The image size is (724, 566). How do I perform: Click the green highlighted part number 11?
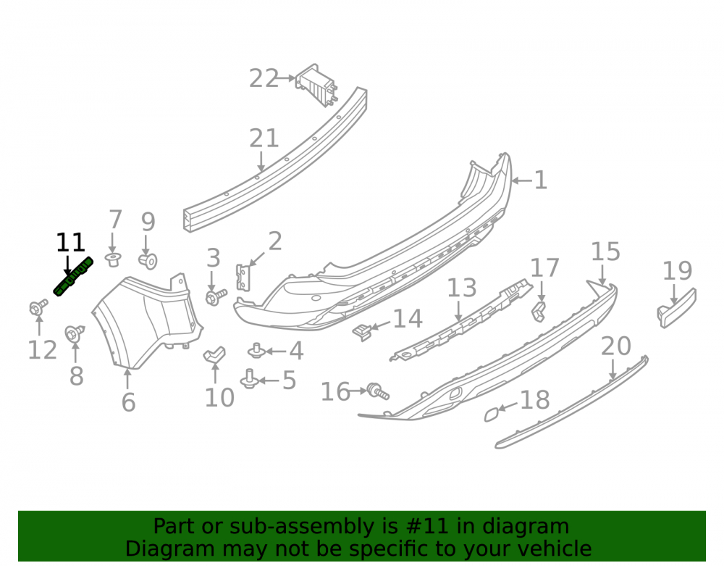73,276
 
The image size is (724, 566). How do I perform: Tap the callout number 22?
264,78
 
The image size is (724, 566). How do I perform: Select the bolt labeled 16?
378,391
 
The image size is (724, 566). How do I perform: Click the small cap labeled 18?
492,414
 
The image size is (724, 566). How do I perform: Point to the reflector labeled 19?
676,308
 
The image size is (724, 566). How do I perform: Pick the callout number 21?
264,138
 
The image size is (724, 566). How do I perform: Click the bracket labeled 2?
243,278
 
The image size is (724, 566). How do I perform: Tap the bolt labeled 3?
216,296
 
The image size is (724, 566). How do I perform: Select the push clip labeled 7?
113,259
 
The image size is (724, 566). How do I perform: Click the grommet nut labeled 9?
148,261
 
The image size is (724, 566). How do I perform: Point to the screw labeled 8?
75,333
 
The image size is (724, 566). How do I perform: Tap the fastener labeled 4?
256,351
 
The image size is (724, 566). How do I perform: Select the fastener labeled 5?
249,379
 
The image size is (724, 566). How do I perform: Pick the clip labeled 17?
539,312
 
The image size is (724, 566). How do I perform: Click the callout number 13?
462,288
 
